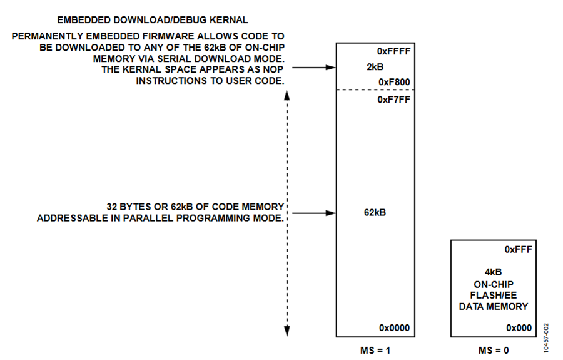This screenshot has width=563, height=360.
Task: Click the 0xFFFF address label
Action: pyautogui.click(x=393, y=51)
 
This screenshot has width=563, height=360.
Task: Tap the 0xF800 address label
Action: pyautogui.click(x=394, y=82)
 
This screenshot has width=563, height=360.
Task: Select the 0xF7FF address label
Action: pyautogui.click(x=393, y=100)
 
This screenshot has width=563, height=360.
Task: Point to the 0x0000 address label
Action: pyautogui.click(x=394, y=327)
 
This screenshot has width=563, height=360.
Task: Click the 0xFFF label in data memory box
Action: pyautogui.click(x=518, y=249)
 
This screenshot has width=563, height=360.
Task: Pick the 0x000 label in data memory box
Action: pyautogui.click(x=519, y=327)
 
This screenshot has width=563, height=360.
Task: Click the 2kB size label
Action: pyautogui.click(x=375, y=67)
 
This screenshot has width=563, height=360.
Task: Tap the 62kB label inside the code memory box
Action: pyautogui.click(x=375, y=212)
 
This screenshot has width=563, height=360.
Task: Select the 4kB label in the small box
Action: pyautogui.click(x=494, y=272)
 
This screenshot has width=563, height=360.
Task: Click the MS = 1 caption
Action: pyautogui.click(x=375, y=351)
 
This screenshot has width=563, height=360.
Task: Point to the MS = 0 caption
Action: pyautogui.click(x=494, y=351)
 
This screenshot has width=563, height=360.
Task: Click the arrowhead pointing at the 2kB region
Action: pyautogui.click(x=331, y=67)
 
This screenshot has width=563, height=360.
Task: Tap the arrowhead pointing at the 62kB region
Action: pyautogui.click(x=331, y=213)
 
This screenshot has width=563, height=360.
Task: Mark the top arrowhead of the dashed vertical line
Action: pyautogui.click(x=287, y=95)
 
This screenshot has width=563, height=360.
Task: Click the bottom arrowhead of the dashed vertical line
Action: pyautogui.click(x=287, y=331)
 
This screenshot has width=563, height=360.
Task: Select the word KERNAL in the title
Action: pyautogui.click(x=228, y=20)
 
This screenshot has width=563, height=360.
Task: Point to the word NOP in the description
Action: pyautogui.click(x=273, y=69)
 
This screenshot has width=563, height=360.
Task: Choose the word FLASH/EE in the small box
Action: pyautogui.click(x=494, y=296)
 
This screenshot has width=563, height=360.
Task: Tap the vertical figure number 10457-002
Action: pyautogui.click(x=546, y=338)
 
